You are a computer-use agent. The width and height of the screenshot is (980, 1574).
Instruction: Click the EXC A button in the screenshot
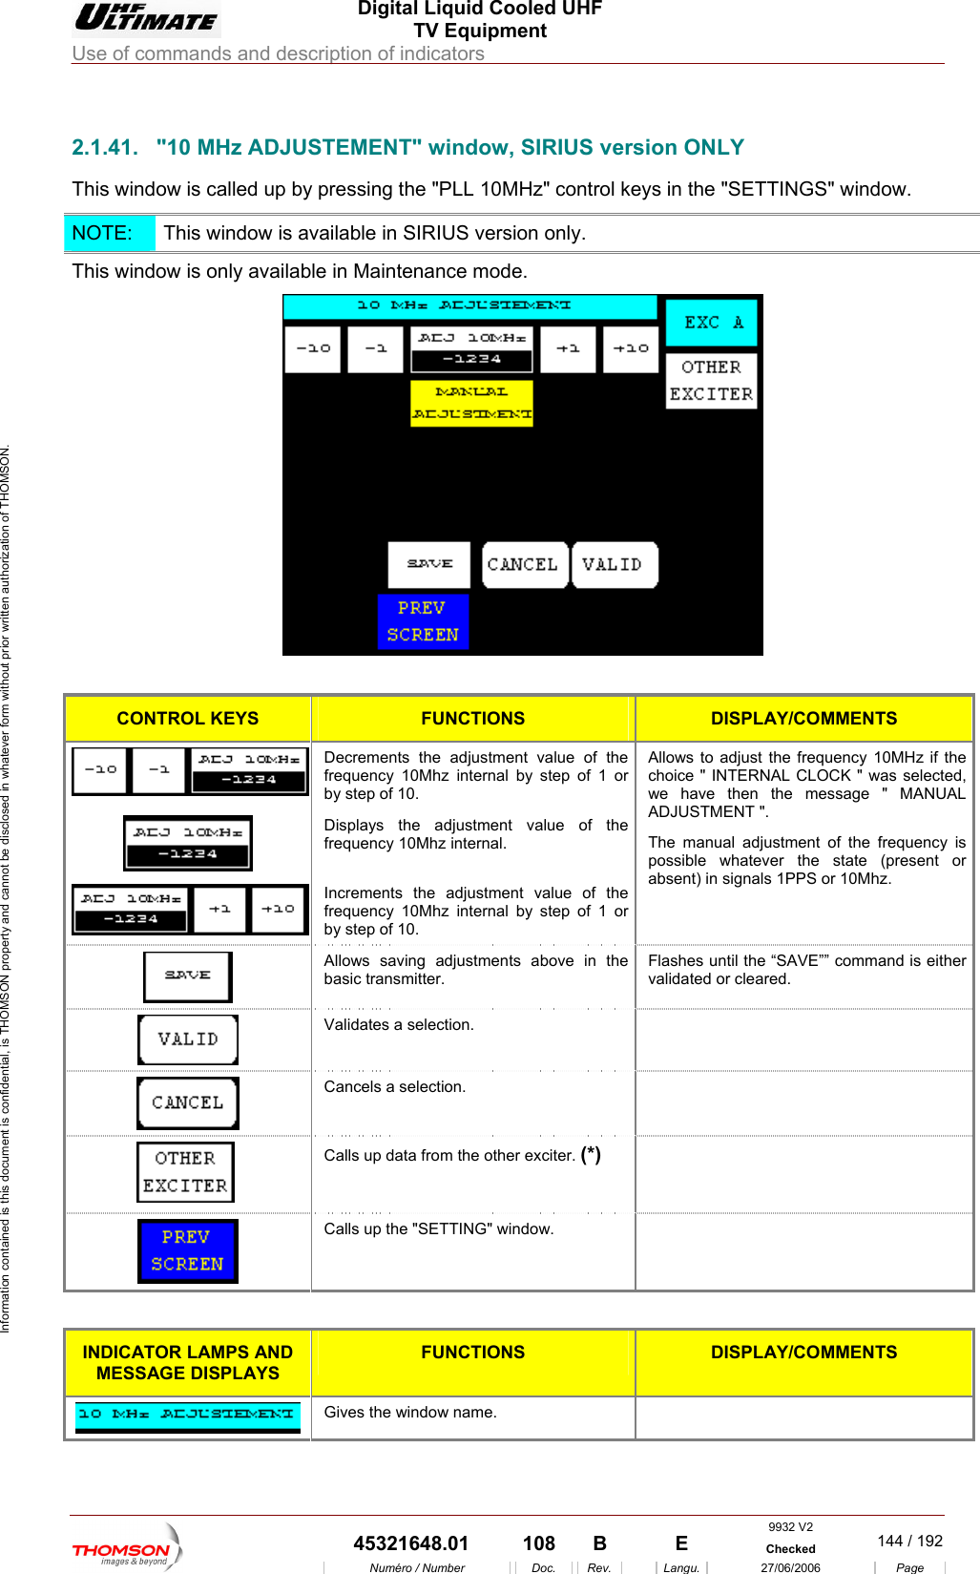click(x=711, y=323)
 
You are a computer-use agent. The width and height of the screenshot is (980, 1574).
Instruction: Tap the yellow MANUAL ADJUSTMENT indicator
click(x=471, y=403)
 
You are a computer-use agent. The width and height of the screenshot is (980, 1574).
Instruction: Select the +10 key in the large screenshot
click(x=631, y=349)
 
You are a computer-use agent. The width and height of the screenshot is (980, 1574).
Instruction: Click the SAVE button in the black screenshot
click(x=429, y=564)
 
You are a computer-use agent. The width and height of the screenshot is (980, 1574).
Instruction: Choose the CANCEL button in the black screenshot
click(x=523, y=565)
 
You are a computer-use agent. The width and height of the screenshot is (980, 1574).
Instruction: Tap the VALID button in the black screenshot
click(x=613, y=565)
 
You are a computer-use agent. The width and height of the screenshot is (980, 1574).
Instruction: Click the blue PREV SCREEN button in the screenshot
click(x=423, y=621)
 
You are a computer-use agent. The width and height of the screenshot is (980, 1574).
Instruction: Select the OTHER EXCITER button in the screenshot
click(x=711, y=381)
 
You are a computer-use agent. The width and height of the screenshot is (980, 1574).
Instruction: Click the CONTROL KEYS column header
click(x=188, y=719)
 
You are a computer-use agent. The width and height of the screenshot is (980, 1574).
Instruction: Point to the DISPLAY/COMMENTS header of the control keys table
click(x=803, y=719)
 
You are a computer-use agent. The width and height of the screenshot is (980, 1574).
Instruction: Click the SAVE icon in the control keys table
click(x=188, y=976)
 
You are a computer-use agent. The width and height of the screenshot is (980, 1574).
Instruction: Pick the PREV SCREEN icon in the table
click(x=188, y=1250)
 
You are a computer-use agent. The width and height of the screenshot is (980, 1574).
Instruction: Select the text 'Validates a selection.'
click(x=399, y=1025)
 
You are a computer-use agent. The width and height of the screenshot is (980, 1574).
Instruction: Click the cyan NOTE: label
click(x=103, y=233)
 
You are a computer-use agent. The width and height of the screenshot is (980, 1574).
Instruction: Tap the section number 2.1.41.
click(x=105, y=148)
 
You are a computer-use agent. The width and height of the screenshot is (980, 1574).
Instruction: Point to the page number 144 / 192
click(x=909, y=1541)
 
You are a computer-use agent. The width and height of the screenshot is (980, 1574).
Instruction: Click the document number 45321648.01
click(x=411, y=1543)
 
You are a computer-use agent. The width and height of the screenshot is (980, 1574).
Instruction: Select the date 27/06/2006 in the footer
click(x=790, y=1567)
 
